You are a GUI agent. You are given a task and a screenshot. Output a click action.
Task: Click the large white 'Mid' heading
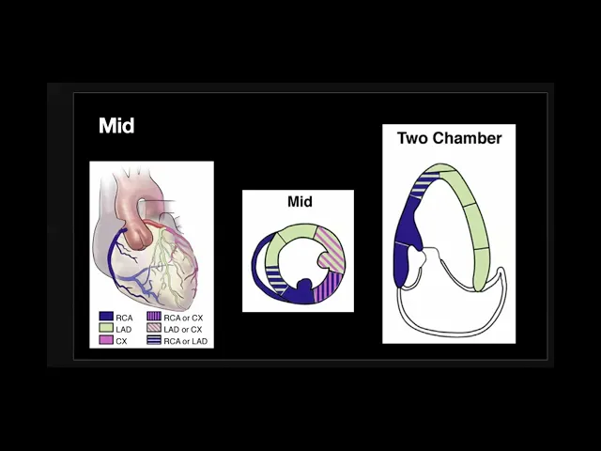pos(116,126)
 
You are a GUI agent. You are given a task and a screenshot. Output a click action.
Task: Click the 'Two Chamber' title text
pos(449,138)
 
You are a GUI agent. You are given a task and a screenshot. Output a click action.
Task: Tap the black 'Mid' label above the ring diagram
pos(299,202)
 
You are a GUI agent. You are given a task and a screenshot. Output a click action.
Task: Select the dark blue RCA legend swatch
pos(106,318)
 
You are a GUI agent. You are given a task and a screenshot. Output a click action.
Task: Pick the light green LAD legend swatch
pos(106,329)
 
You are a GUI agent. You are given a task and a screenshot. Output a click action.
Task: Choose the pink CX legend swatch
pos(106,340)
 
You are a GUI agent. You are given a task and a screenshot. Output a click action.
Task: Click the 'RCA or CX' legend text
pos(183,318)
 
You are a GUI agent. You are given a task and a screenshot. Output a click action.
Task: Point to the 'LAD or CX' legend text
pos(183,329)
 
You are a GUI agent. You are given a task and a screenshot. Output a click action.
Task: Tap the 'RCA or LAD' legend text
pos(184,340)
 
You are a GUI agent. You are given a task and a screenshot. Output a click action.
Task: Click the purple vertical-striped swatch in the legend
pos(155,318)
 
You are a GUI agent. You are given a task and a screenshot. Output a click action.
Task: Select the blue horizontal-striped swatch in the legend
pos(155,340)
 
